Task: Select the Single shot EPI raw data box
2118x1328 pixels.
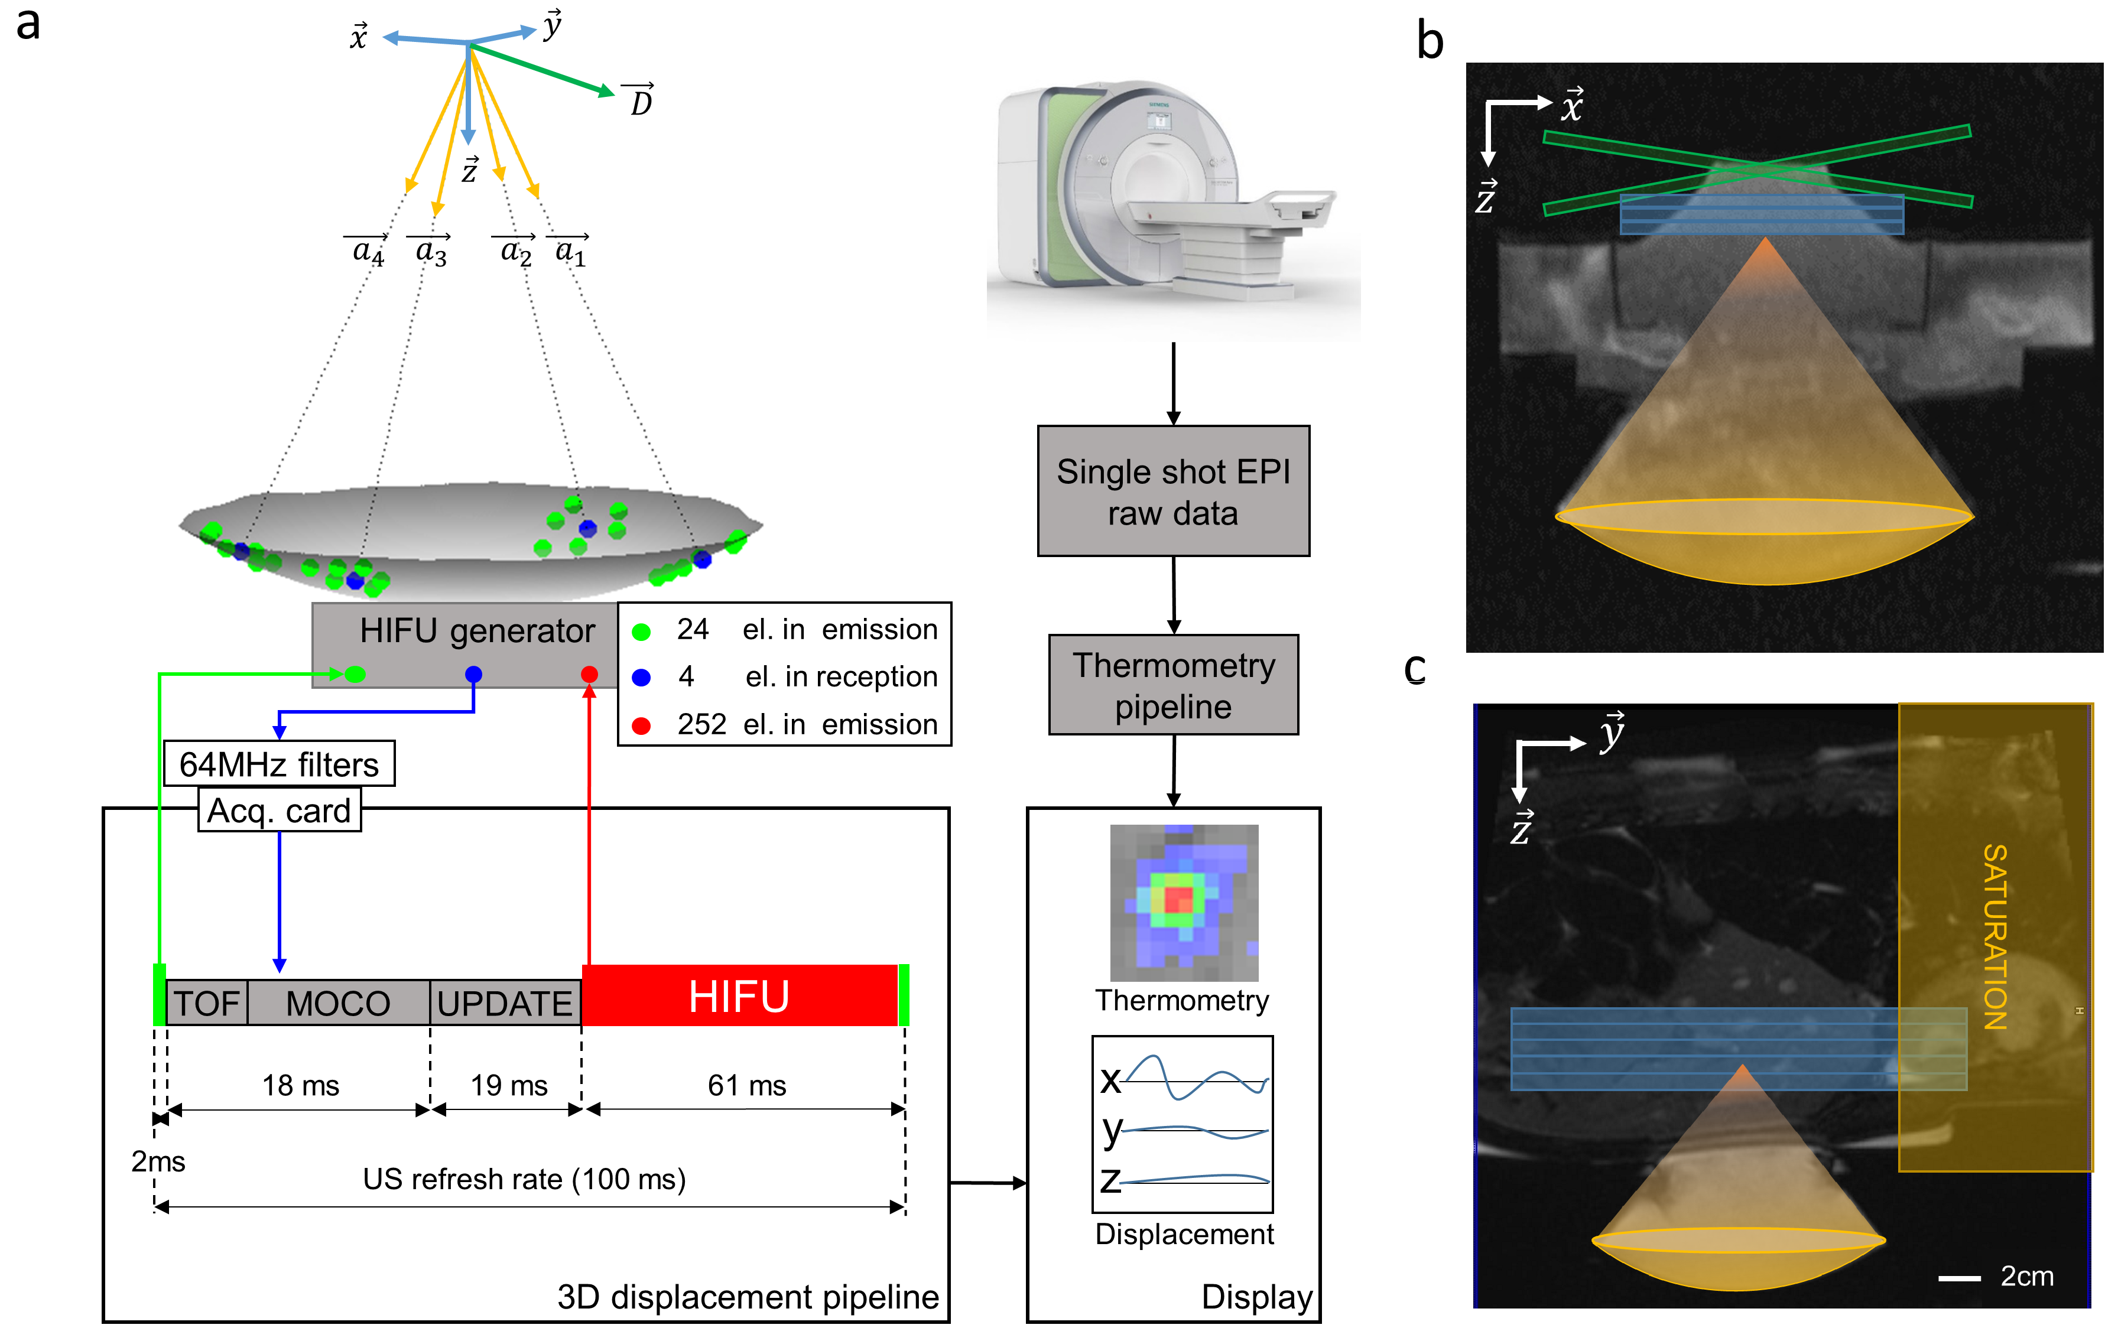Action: (x=1173, y=492)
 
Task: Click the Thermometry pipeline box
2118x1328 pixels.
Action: (x=1173, y=685)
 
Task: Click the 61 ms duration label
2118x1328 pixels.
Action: (x=747, y=1086)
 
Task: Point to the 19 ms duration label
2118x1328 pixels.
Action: (x=509, y=1086)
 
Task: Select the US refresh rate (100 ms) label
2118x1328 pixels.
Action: (x=524, y=1179)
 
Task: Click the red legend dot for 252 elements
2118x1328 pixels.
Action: (x=641, y=725)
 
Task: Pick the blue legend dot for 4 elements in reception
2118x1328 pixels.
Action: (x=641, y=677)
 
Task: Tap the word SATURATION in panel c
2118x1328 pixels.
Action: (x=1995, y=936)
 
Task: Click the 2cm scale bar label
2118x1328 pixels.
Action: (x=2026, y=1275)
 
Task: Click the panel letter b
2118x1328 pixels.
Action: (x=1430, y=41)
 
